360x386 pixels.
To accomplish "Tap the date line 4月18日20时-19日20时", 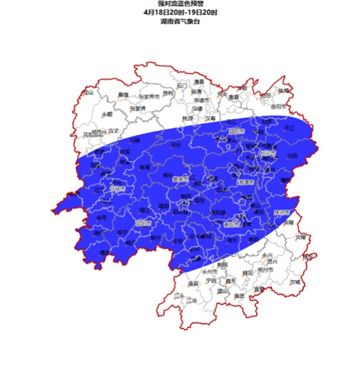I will (180, 12).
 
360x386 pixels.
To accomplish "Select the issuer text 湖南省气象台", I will (180, 21).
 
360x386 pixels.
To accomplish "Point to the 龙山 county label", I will (87, 92).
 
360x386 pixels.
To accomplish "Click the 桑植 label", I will (123, 94).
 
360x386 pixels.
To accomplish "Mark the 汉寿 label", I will (211, 119).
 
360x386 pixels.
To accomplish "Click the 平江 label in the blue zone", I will (289, 128).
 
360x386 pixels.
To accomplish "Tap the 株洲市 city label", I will (281, 212).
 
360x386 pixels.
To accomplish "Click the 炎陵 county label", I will (300, 237).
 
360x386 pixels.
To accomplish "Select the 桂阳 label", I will (247, 272).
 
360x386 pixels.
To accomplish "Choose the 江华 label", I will (191, 300).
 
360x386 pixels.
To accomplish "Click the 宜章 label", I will (260, 288).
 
